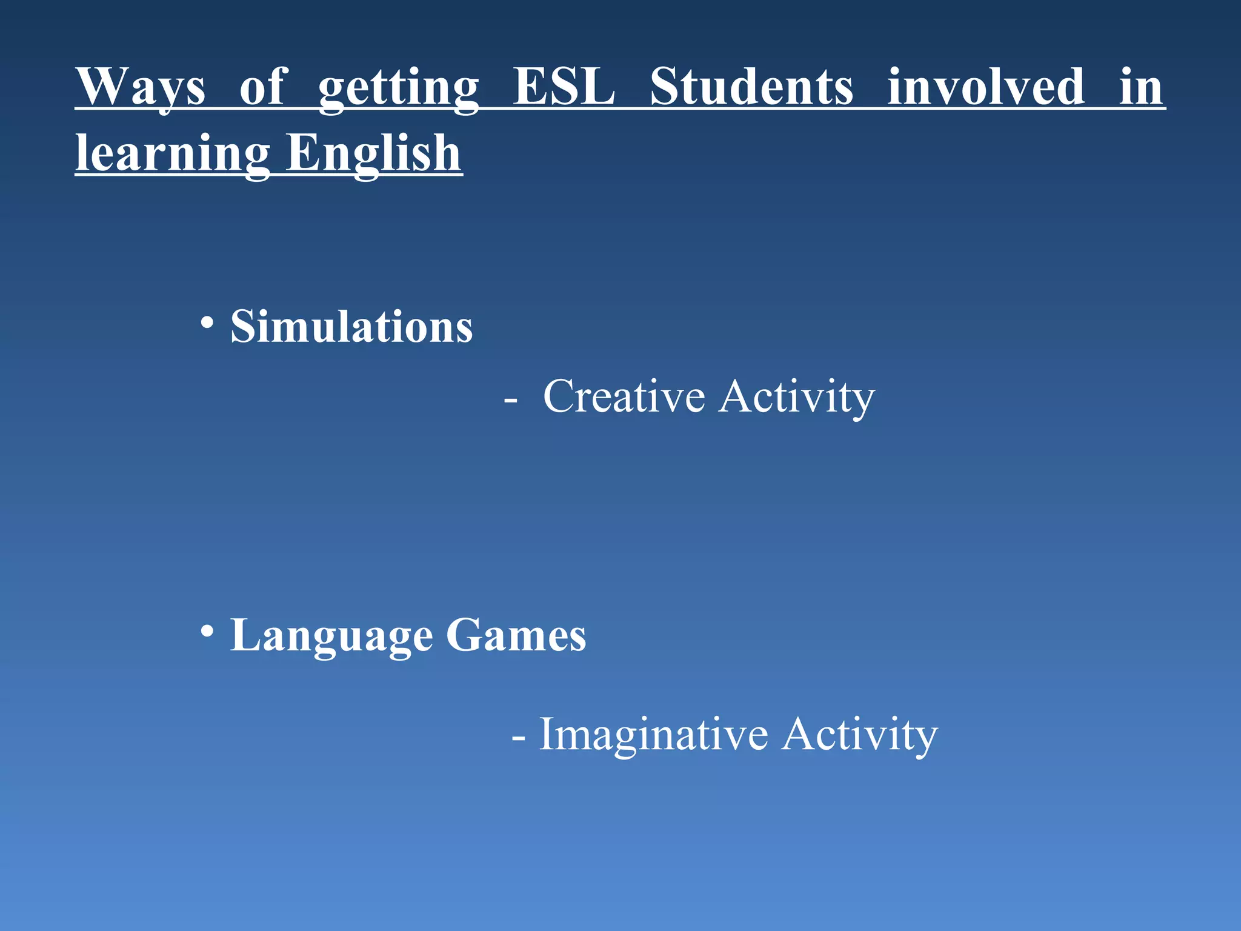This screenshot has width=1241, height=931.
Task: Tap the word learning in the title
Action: click(173, 154)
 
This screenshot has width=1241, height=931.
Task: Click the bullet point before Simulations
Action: click(207, 322)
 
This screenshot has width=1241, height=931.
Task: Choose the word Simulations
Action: click(351, 327)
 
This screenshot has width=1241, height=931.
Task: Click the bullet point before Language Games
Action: click(207, 631)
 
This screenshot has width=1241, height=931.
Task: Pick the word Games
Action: click(516, 635)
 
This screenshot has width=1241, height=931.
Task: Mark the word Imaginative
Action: click(654, 735)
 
